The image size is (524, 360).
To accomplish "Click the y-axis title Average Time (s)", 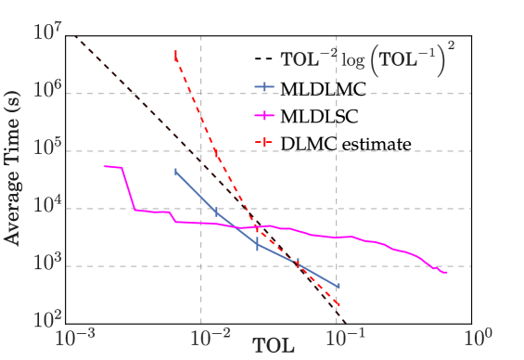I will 12,176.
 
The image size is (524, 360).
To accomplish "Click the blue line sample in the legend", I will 264,88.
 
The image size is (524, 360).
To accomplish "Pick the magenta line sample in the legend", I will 264,116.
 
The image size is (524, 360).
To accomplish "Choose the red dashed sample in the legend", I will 264,143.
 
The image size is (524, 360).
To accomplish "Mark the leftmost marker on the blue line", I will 176,172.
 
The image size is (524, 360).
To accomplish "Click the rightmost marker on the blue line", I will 338,286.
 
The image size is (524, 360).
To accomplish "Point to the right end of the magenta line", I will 448,273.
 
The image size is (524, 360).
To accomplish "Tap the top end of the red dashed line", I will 175,51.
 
